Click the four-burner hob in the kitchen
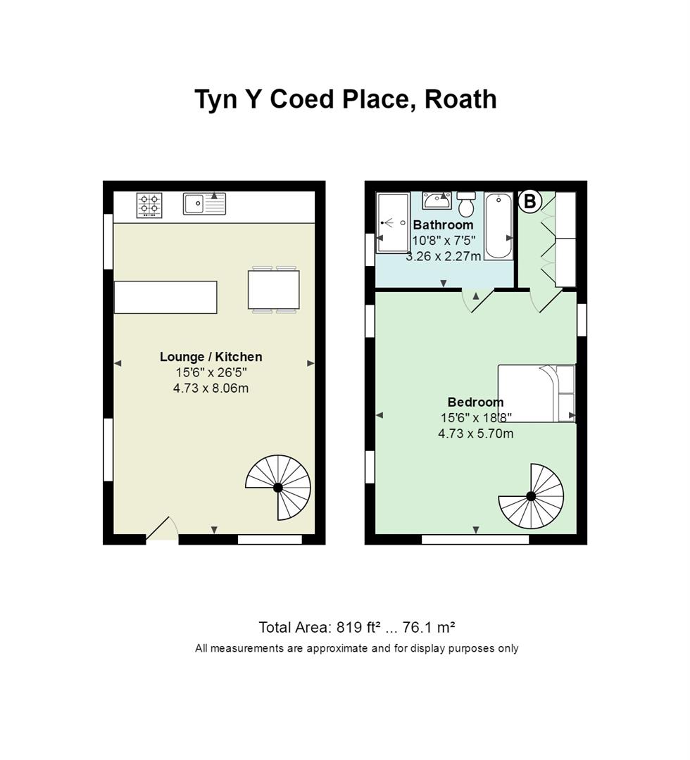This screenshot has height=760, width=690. tap(149, 205)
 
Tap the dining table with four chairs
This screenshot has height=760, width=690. tap(273, 290)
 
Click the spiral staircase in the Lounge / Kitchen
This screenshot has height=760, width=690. tap(278, 487)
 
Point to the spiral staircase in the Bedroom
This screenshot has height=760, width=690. tap(531, 496)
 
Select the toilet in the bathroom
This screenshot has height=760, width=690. tap(467, 203)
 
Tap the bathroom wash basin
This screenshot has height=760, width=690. tap(437, 200)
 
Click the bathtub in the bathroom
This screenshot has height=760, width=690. tap(498, 226)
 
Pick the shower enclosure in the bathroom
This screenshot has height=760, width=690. tap(393, 223)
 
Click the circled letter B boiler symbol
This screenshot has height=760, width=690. tap(530, 201)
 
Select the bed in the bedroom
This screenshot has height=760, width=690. tap(537, 393)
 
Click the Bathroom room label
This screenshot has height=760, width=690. tap(443, 225)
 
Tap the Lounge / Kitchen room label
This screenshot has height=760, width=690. tap(211, 357)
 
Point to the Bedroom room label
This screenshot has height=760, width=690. tap(475, 402)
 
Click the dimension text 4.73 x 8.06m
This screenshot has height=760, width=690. tap(211, 388)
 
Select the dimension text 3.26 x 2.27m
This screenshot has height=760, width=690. tap(443, 256)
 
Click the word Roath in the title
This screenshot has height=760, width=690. tap(460, 99)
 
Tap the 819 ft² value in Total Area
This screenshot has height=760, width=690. tap(358, 627)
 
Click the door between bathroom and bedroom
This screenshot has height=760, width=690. tap(477, 300)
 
